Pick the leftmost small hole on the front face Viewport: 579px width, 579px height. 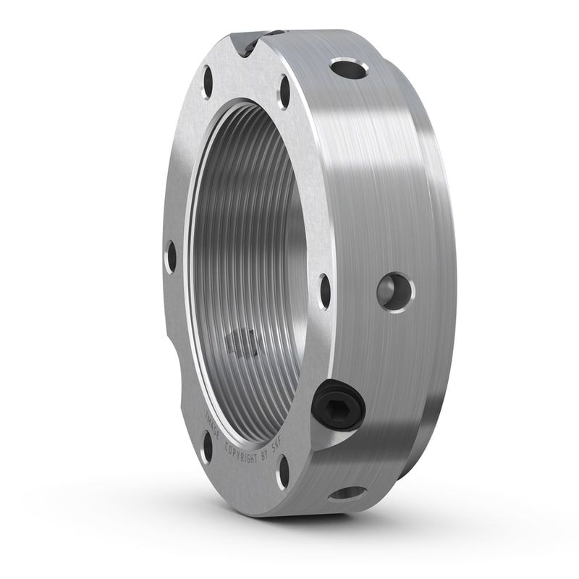(171, 258)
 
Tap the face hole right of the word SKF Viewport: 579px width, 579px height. (284, 471)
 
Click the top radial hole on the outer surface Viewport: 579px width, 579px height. (348, 69)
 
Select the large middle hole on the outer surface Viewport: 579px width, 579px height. (395, 291)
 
